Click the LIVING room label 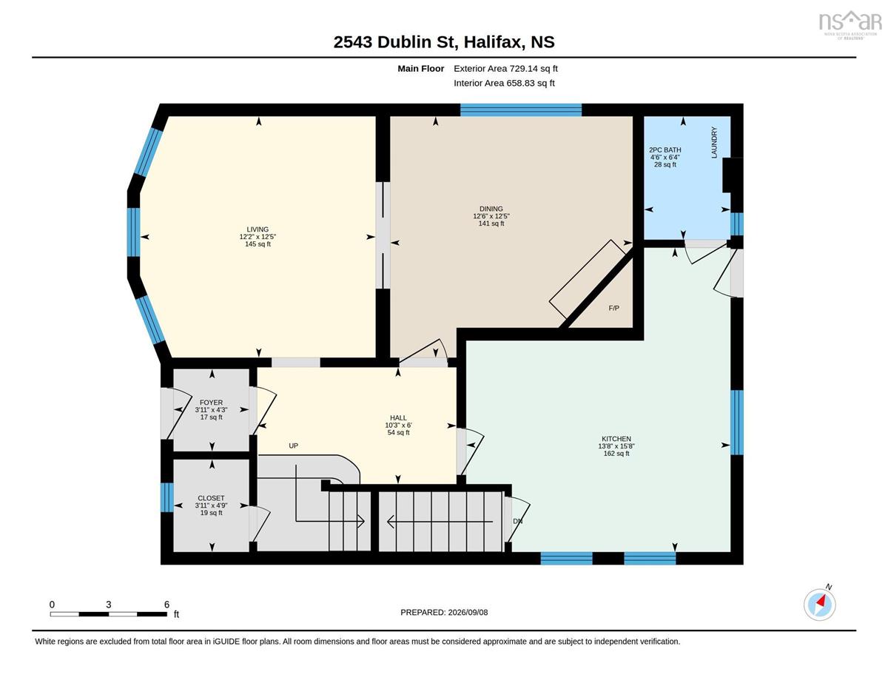coord(258,229)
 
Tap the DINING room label coord(491,209)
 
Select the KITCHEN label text coord(616,439)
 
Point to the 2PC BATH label coord(665,150)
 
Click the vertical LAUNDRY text coord(714,142)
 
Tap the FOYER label coord(212,403)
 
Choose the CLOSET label coord(212,498)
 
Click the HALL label coord(398,417)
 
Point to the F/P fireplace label coord(613,308)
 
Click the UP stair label coord(294,445)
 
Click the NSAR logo coord(848,24)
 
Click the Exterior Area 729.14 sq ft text coord(505,69)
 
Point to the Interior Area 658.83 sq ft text coord(504,83)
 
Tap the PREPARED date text coord(444,613)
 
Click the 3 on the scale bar coord(108,605)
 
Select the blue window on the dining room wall coord(521,110)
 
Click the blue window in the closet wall coord(166,497)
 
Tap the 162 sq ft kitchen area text coord(616,454)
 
